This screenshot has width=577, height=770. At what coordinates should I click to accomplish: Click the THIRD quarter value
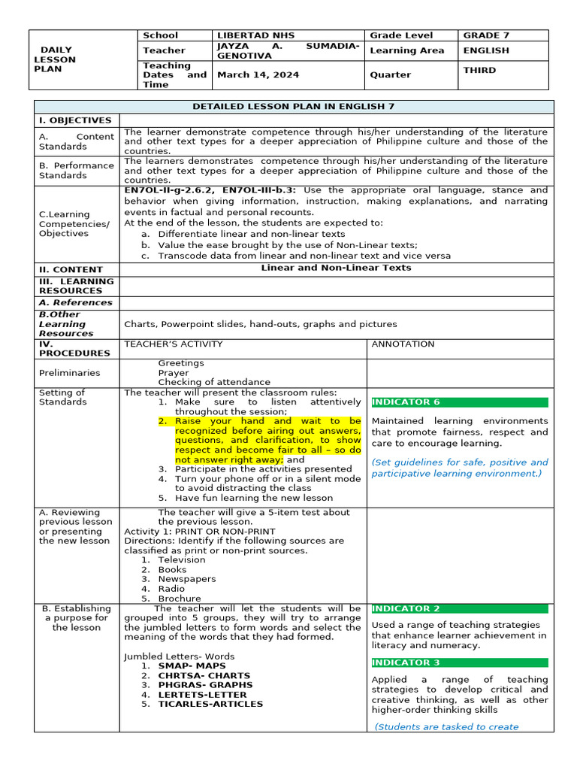click(x=479, y=70)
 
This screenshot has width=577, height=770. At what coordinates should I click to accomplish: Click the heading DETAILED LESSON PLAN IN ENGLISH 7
click(x=293, y=107)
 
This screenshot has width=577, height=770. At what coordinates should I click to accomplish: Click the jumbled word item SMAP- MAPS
click(x=192, y=665)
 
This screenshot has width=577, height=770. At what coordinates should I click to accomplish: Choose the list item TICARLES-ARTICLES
click(x=210, y=704)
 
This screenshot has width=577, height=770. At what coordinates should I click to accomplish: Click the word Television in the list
click(x=181, y=559)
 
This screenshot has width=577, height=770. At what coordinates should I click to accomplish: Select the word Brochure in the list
click(x=179, y=599)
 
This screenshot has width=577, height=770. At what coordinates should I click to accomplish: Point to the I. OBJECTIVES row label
click(x=75, y=120)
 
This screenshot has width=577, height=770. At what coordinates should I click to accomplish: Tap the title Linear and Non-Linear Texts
click(x=336, y=268)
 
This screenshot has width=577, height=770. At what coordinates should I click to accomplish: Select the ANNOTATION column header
click(x=403, y=344)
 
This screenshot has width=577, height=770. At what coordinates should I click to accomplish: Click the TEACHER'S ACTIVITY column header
click(x=173, y=344)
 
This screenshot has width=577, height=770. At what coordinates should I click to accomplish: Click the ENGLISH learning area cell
click(x=485, y=50)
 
